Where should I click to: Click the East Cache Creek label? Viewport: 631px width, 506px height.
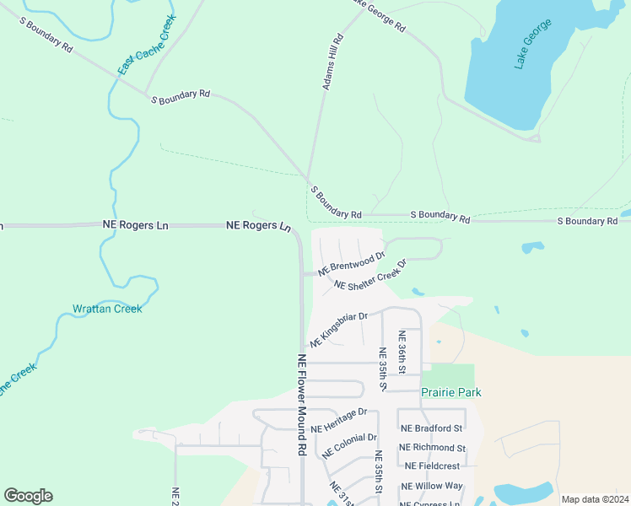click(147, 44)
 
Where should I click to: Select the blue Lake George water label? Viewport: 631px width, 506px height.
click(533, 42)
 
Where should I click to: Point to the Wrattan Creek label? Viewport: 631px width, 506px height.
click(107, 309)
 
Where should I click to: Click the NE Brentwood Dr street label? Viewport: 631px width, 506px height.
click(352, 263)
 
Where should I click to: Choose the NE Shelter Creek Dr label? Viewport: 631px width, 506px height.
click(370, 275)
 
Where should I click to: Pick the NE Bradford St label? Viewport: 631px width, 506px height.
click(432, 428)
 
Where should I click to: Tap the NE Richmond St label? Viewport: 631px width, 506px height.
click(432, 448)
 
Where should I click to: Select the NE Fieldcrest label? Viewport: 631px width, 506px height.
click(432, 466)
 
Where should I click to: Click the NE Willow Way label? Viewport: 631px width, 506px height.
click(432, 486)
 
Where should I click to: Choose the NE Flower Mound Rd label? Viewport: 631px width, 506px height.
click(302, 405)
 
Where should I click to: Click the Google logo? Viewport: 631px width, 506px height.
click(28, 496)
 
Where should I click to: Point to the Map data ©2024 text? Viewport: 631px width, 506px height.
click(594, 499)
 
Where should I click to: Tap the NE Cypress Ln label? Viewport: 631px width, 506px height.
click(431, 503)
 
